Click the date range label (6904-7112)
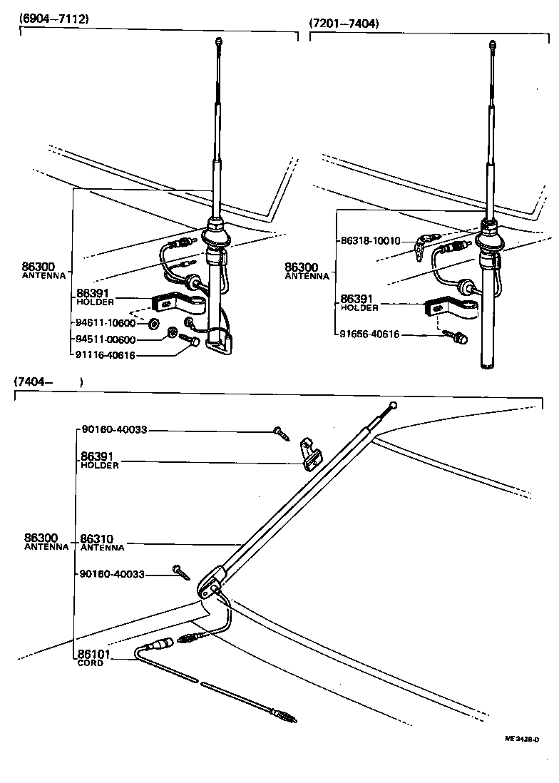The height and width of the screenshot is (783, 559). click(53, 19)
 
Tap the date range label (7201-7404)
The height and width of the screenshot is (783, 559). click(344, 24)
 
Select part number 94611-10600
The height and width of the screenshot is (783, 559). click(106, 323)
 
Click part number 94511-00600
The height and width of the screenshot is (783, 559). click(106, 339)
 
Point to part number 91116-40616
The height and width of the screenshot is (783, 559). click(106, 355)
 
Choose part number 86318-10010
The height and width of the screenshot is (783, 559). click(371, 240)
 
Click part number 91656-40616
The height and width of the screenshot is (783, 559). click(371, 334)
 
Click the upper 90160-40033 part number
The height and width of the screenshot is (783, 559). click(114, 429)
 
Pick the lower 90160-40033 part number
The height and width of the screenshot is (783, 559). click(114, 574)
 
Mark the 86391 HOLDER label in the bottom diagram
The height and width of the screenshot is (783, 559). click(98, 459)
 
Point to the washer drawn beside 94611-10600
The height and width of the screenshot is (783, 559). click(153, 324)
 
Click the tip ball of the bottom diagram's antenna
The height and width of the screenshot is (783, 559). click(394, 405)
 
